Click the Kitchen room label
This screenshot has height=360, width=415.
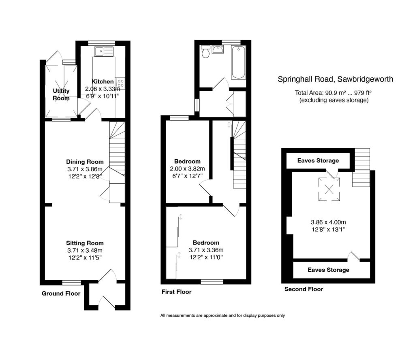103,82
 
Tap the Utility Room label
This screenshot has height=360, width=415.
61,94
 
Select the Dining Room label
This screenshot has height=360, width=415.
85,162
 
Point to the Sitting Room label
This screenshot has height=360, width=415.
85,243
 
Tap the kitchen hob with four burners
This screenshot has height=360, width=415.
120,83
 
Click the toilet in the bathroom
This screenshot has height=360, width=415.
205,51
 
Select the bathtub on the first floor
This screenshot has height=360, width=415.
238,63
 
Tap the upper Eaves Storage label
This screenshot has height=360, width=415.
318,161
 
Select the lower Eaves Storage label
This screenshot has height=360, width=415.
328,270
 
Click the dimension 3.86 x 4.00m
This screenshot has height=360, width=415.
328,222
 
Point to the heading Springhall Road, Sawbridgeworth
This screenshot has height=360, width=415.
335,79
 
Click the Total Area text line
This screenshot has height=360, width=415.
334,93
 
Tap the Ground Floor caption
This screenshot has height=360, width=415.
61,294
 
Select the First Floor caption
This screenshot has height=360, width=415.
176,292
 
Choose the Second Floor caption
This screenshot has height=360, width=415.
304,289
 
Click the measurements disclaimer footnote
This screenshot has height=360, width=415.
222,315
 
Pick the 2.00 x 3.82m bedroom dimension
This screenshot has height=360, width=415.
188,168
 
